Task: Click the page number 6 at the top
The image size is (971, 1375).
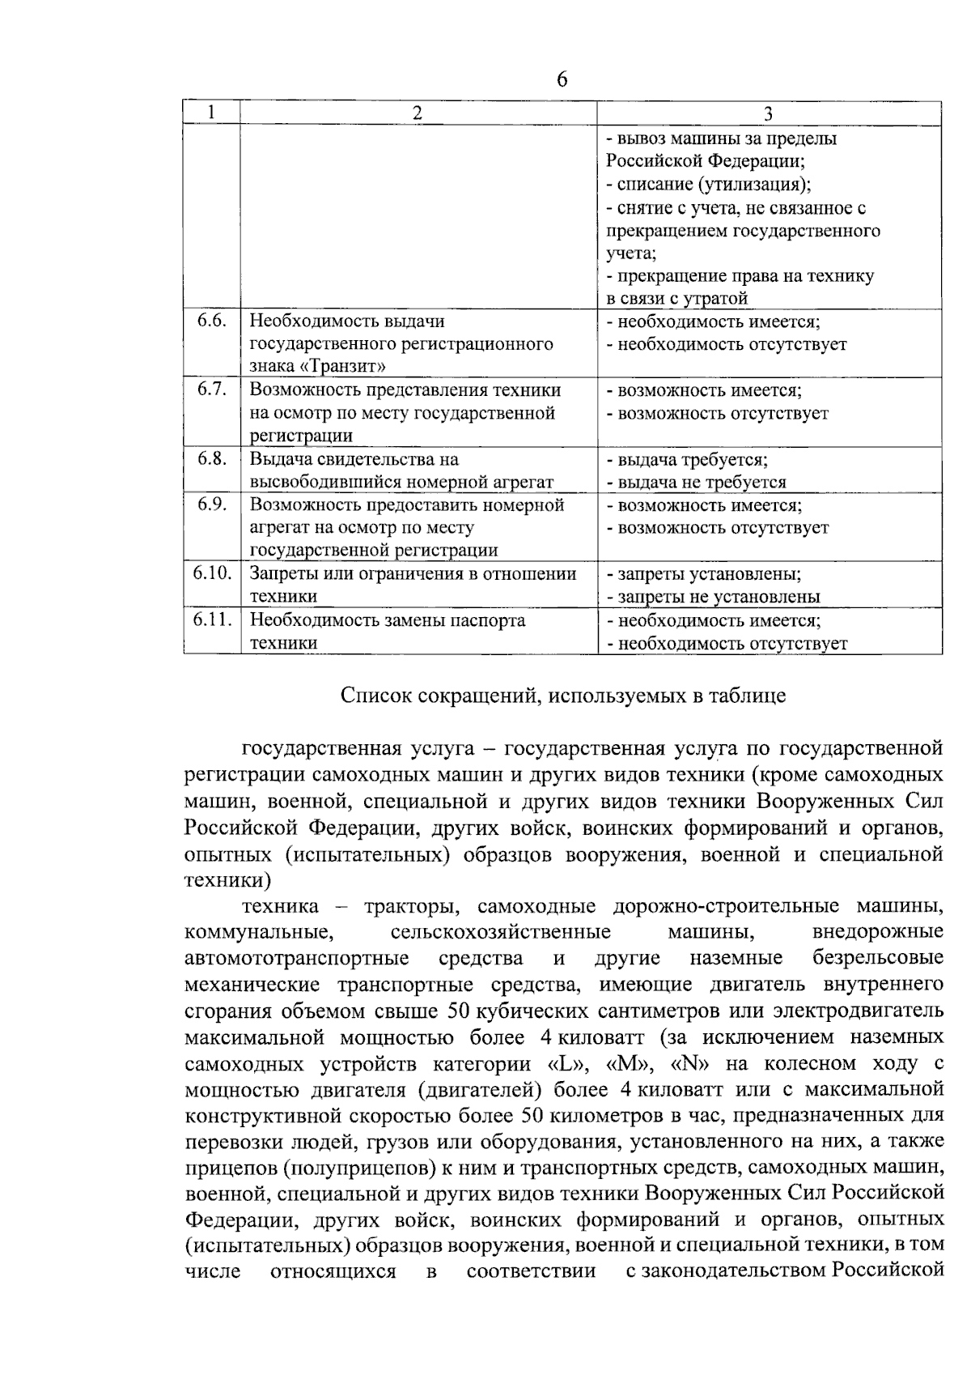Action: click(x=562, y=79)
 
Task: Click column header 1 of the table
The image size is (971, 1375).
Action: click(x=211, y=113)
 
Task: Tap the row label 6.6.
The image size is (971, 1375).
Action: click(x=211, y=321)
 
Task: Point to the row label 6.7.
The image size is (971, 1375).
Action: click(x=211, y=390)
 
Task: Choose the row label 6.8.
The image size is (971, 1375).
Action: click(x=211, y=458)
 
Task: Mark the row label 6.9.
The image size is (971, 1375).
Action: click(x=211, y=504)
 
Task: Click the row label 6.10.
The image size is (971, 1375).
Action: click(x=212, y=573)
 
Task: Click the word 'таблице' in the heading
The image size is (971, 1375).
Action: click(x=752, y=696)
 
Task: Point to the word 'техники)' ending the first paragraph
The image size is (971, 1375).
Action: click(x=227, y=879)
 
